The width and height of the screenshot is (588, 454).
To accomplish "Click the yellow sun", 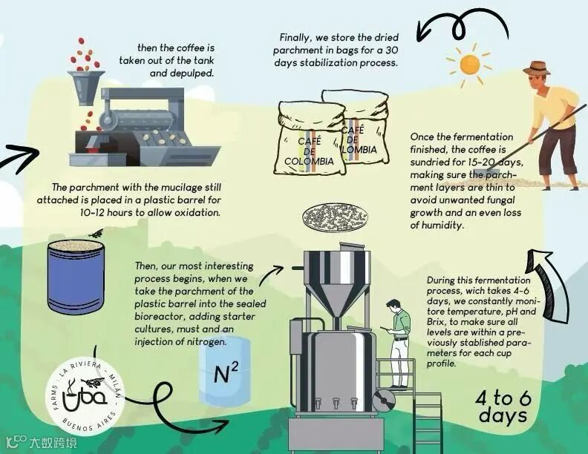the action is (x=469, y=65).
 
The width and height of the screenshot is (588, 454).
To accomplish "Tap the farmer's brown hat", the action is (x=536, y=68).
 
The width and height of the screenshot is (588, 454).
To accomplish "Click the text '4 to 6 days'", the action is (x=503, y=407).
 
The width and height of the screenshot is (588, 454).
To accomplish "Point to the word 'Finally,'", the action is (x=296, y=38).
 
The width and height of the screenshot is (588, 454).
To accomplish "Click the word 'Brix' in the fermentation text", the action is (x=435, y=323).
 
